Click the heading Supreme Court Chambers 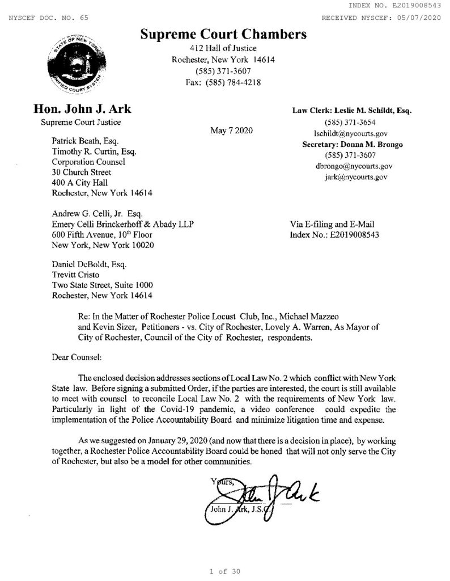pos(223,35)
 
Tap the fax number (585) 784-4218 pos(223,82)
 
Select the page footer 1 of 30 pos(225,571)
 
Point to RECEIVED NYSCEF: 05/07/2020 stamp pos(381,18)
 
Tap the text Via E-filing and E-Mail pos(332,224)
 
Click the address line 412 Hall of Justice pos(223,49)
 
